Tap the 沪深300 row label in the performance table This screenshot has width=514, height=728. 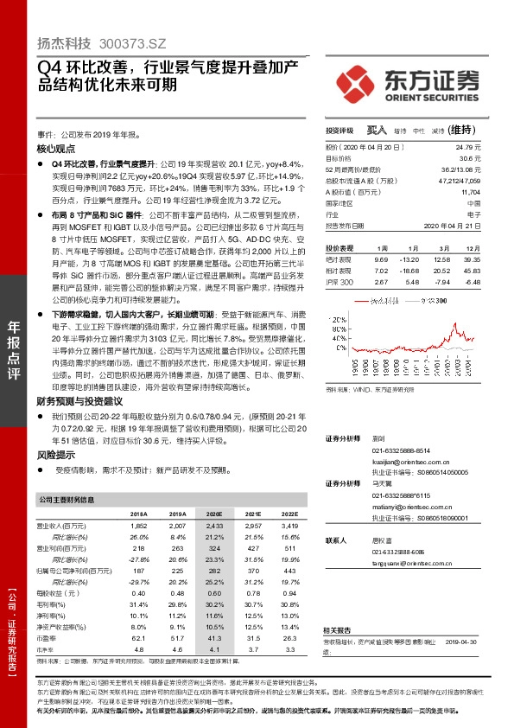tap(340, 282)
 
